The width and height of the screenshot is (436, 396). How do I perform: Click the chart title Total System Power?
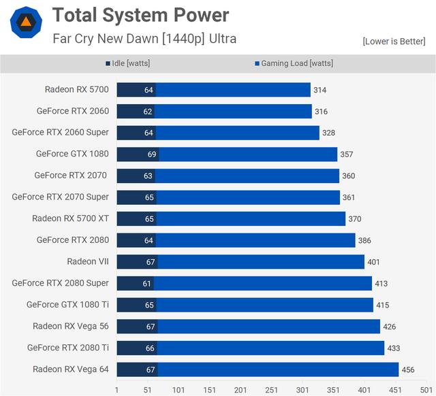(x=140, y=14)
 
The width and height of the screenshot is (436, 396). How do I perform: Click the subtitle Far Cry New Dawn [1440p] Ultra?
(x=144, y=38)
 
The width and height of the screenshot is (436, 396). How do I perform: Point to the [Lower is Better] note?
(x=394, y=42)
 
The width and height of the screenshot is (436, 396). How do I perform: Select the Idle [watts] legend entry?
(x=127, y=63)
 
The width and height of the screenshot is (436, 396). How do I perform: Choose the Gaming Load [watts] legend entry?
(x=294, y=63)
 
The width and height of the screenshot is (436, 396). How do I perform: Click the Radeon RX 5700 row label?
(x=76, y=89)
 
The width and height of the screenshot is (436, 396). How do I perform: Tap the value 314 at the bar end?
(x=320, y=90)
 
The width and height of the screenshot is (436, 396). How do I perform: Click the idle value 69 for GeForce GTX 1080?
(x=152, y=154)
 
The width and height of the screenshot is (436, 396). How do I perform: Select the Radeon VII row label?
(x=87, y=261)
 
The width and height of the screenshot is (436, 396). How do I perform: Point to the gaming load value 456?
(x=408, y=369)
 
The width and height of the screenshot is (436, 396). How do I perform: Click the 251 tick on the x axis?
(x=272, y=390)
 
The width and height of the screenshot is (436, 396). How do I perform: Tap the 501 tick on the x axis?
(x=426, y=390)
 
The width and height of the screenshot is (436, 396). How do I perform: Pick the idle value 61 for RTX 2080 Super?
(x=147, y=284)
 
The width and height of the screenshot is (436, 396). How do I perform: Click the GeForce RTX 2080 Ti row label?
(x=67, y=348)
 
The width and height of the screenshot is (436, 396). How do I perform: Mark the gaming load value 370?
(x=354, y=219)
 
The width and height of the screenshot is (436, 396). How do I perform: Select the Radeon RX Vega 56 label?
(x=70, y=326)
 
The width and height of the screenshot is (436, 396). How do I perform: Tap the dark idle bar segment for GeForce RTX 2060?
(x=135, y=111)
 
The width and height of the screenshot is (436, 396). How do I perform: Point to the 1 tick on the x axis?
(x=117, y=390)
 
